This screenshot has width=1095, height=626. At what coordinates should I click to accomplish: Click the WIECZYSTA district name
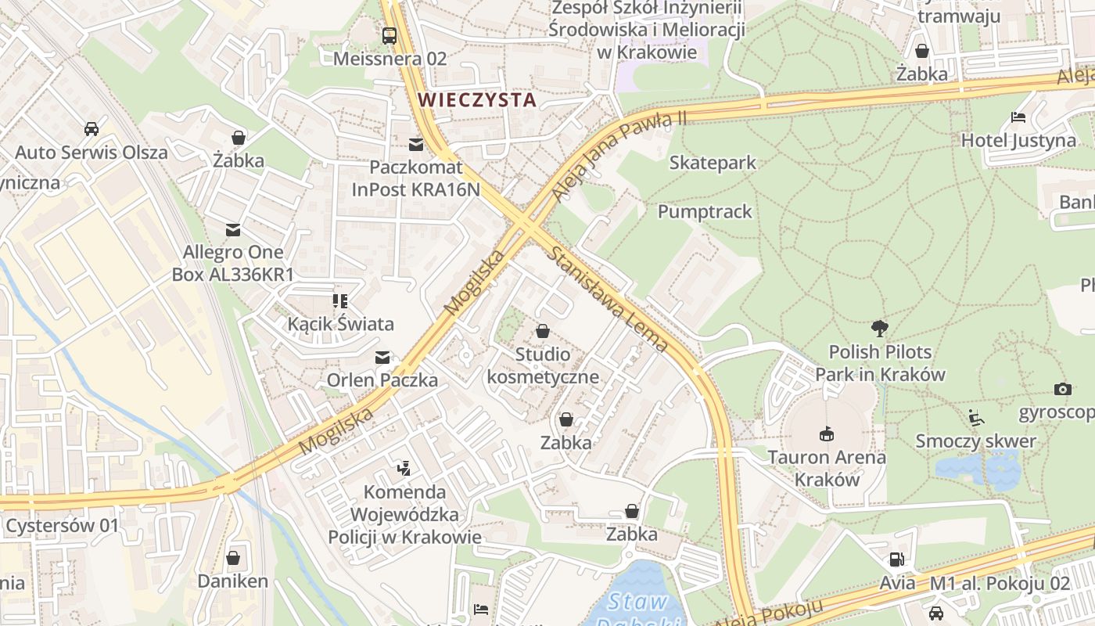point(477,100)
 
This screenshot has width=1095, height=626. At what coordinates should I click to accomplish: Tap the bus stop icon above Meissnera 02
point(389,35)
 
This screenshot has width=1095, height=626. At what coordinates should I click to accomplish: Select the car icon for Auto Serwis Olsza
point(92,128)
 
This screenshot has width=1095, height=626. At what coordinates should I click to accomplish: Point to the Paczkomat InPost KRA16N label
point(415,178)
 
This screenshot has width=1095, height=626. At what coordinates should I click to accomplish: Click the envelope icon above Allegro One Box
point(233,230)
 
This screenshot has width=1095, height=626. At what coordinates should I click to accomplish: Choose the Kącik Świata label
point(340,323)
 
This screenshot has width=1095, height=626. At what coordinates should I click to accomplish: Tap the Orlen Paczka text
point(382,380)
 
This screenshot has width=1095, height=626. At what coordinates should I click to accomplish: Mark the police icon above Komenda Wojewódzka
point(404,469)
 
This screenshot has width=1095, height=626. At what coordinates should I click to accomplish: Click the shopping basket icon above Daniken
point(232,558)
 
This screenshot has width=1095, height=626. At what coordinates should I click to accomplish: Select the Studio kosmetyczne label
point(543,365)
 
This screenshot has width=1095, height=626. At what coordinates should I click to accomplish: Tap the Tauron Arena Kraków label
point(826,468)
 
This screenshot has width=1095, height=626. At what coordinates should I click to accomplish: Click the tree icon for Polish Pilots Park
point(879,329)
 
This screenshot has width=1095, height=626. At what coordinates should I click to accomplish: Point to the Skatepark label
point(713,163)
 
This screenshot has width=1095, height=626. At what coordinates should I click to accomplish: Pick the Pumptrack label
point(704,211)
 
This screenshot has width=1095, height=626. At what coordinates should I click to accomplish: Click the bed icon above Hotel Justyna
point(1018,117)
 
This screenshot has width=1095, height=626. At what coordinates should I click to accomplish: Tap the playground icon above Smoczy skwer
point(975,418)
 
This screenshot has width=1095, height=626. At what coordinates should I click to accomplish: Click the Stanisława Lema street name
point(608,299)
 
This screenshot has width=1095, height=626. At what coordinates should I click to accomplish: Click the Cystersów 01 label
point(62,526)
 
